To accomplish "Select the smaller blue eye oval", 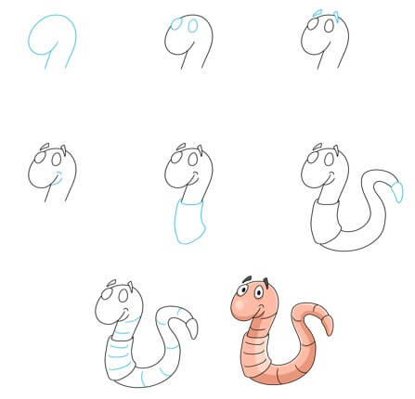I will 193,26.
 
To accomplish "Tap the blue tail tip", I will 396,191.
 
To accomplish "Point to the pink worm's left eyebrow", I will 247,281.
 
